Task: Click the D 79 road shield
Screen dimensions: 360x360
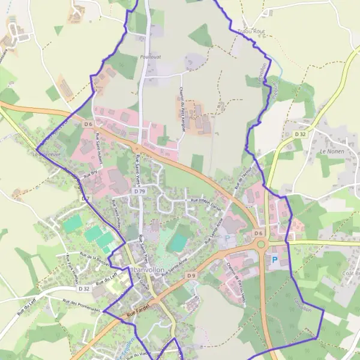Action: [140, 191]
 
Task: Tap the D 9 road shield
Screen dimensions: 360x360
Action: [191, 275]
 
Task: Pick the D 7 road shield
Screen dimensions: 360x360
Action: [85, 198]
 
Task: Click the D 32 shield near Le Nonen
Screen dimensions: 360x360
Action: [300, 134]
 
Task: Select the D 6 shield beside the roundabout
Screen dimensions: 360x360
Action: [258, 233]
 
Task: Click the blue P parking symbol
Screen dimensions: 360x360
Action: [275, 260]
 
